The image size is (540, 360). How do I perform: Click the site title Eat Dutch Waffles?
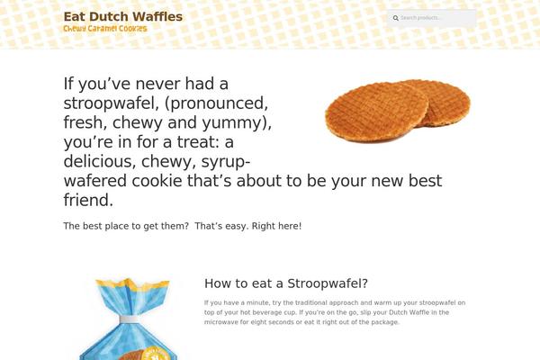(122, 16)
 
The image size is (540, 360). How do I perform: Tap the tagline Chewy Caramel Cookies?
(105, 29)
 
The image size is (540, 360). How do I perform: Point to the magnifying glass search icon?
(396, 18)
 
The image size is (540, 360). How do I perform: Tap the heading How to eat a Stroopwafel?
(285, 283)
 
